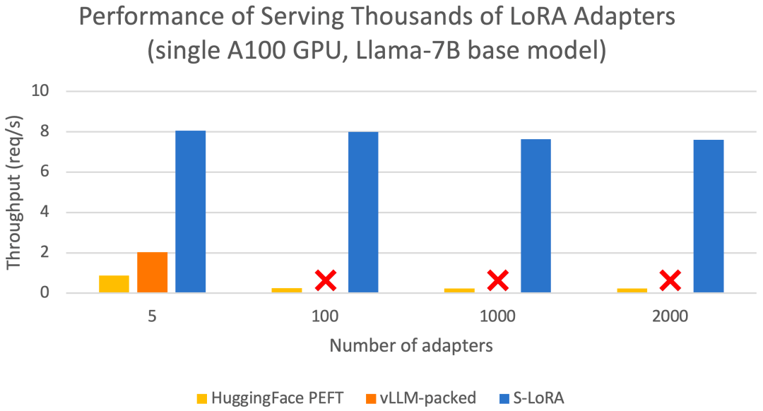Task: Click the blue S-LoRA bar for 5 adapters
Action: [190, 212]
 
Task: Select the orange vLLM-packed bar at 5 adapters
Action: [152, 273]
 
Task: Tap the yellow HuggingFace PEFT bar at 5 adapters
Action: [114, 284]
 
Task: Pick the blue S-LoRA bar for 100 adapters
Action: [363, 212]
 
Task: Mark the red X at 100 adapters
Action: [325, 280]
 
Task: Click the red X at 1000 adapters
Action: [497, 280]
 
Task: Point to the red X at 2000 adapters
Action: [670, 280]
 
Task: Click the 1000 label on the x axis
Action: [497, 317]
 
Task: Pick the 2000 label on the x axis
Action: [670, 317]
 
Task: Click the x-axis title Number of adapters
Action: [411, 346]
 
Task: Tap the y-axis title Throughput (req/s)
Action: [14, 192]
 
